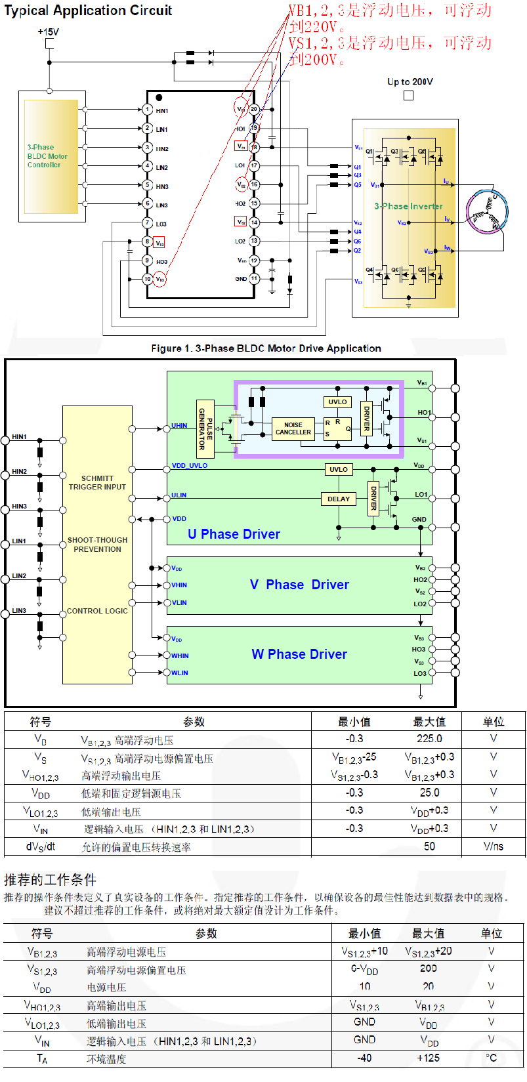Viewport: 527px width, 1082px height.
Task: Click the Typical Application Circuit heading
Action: pos(88,10)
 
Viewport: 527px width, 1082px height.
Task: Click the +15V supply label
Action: pos(48,31)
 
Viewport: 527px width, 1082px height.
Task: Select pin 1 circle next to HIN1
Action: pos(148,110)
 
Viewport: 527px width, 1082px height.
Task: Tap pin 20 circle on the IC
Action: pos(254,109)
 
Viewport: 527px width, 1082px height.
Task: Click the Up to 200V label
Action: pos(410,82)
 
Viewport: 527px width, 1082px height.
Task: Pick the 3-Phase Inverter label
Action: pos(408,206)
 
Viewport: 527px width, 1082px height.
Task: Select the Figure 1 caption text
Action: pos(266,348)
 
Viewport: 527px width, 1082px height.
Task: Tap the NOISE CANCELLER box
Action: pos(293,428)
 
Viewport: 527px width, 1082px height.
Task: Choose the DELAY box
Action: pos(339,499)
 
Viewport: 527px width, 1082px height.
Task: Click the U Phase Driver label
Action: pos(234,534)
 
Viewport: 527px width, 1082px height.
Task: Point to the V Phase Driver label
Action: pos(299,585)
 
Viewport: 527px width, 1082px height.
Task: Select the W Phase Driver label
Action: pos(299,654)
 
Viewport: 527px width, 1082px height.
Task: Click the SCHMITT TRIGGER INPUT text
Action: pos(97,483)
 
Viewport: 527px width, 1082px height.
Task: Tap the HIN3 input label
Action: pos(19,507)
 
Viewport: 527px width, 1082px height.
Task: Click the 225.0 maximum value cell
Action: pos(429,739)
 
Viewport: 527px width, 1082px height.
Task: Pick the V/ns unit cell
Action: pos(493,846)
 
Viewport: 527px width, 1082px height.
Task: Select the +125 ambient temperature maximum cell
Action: pos(429,1058)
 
